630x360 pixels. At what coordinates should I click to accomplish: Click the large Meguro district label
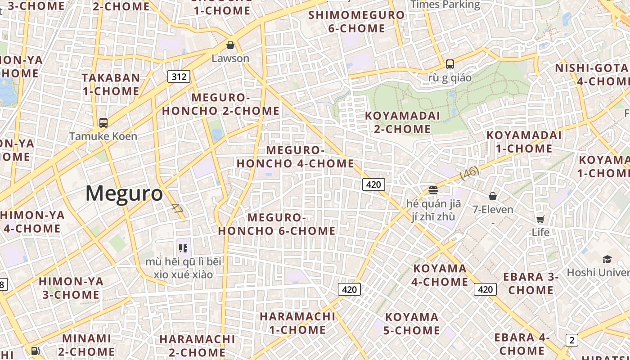click(x=124, y=193)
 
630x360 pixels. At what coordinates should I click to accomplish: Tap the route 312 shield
click(x=179, y=76)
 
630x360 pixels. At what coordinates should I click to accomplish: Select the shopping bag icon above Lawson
click(x=230, y=45)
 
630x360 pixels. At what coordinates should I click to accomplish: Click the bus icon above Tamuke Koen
click(x=103, y=122)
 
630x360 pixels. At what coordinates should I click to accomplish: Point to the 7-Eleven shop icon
click(x=493, y=196)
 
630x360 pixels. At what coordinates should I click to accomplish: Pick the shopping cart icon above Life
click(x=540, y=219)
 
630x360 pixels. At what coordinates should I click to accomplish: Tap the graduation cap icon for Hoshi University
click(x=607, y=259)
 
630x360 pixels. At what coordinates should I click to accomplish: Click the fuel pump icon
click(x=35, y=351)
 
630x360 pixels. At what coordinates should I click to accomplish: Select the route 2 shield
click(x=571, y=340)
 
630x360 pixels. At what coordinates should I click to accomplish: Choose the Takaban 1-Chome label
click(x=111, y=84)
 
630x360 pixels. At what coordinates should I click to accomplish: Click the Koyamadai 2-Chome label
click(x=402, y=122)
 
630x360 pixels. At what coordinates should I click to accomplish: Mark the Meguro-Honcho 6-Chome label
click(x=277, y=224)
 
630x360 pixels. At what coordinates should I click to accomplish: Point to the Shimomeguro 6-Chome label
click(x=356, y=22)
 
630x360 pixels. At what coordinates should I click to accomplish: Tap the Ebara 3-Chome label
click(x=531, y=283)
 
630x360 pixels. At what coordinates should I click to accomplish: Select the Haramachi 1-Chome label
click(x=297, y=323)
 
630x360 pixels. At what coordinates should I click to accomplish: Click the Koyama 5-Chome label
click(x=412, y=324)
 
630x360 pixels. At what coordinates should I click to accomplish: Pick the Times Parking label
click(x=445, y=4)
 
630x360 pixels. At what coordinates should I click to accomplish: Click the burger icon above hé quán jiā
click(x=433, y=190)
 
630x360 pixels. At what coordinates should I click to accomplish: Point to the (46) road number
click(x=470, y=173)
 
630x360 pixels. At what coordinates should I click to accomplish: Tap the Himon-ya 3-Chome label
click(x=71, y=288)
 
